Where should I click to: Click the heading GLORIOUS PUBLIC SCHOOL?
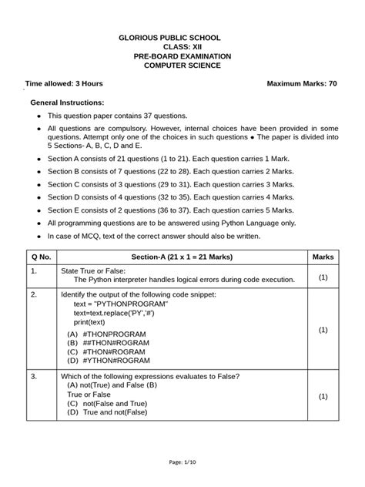182,37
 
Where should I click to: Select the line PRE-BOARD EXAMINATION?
182,56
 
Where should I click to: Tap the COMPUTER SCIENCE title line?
182,66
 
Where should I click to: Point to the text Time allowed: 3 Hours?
65,82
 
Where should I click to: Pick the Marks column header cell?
323,256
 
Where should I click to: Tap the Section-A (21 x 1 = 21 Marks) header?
182,256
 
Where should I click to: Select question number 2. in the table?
35,294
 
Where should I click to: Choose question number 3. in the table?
35,376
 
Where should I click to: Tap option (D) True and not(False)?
107,412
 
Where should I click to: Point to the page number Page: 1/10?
182,462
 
